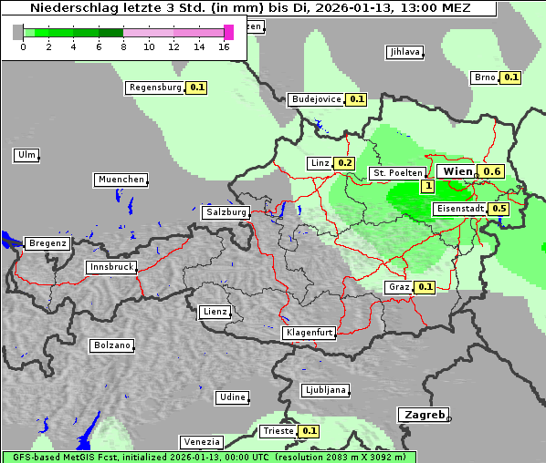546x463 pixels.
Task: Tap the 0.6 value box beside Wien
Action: pyautogui.click(x=492, y=171)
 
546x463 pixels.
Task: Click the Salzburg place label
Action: pyautogui.click(x=226, y=212)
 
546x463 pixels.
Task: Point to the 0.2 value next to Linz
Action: pyautogui.click(x=344, y=163)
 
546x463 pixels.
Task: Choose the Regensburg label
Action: pyautogui.click(x=155, y=87)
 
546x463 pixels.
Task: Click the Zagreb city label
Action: pyautogui.click(x=424, y=415)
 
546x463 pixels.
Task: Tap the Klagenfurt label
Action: pyautogui.click(x=309, y=333)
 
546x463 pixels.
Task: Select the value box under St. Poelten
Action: pyautogui.click(x=426, y=186)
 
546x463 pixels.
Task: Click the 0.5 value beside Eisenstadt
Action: pyautogui.click(x=499, y=209)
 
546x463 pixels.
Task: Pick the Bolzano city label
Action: pyautogui.click(x=111, y=345)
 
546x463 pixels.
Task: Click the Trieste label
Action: pyautogui.click(x=278, y=431)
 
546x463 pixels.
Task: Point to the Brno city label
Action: pyautogui.click(x=484, y=77)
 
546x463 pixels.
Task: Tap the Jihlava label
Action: pyautogui.click(x=404, y=52)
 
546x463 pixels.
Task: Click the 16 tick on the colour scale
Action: pyautogui.click(x=225, y=46)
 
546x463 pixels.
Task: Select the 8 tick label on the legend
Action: pyautogui.click(x=123, y=46)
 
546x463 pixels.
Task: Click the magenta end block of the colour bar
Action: pyautogui.click(x=228, y=32)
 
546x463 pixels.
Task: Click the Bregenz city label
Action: pyautogui.click(x=47, y=243)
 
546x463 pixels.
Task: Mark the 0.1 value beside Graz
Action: pyautogui.click(x=425, y=287)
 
